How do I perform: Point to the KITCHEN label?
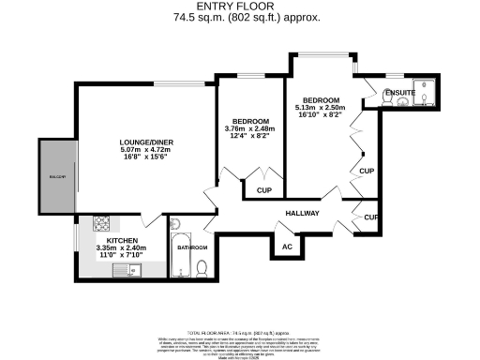point(121,241)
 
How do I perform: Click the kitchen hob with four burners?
point(100,225)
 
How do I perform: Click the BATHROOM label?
point(192,247)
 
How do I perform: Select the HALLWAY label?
point(303,213)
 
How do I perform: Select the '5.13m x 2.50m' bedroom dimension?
point(321,108)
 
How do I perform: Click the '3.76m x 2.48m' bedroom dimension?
point(251,129)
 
